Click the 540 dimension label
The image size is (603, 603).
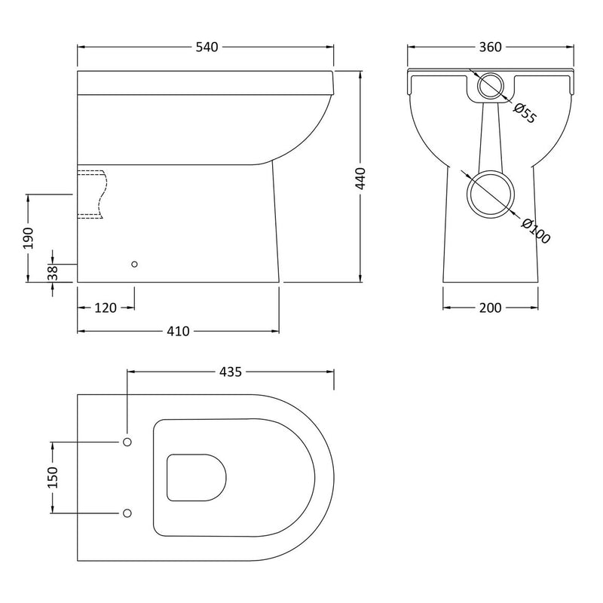[x=207, y=47]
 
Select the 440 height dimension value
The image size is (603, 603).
[x=361, y=179]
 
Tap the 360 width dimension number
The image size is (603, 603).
[x=491, y=47]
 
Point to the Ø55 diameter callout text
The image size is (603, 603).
[x=524, y=113]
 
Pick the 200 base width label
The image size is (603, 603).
[x=491, y=308]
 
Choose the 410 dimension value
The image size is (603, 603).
[x=178, y=331]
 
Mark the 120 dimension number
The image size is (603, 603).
[x=106, y=308]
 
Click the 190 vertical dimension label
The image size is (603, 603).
[x=28, y=238]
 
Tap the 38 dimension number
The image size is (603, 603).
[x=52, y=273]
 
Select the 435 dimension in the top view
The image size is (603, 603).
[x=231, y=372]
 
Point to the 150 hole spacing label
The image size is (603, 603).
[x=52, y=478]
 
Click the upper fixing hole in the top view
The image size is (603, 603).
[x=127, y=442]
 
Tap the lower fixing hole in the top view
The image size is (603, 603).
[x=127, y=513]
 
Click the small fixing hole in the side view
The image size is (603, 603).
[x=134, y=265]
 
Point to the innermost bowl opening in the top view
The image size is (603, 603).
[x=167, y=478]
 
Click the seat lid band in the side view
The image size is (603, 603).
[x=205, y=83]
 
